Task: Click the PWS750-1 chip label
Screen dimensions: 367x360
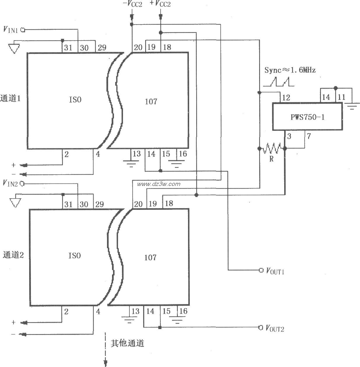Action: [x=308, y=117]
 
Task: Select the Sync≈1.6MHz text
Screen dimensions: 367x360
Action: [x=290, y=70]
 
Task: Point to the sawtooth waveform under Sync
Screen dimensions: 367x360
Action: [x=279, y=82]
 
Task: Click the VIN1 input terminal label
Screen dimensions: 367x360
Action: [x=10, y=29]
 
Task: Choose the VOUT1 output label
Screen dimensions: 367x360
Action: [x=275, y=271]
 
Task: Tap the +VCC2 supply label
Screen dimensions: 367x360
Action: [x=160, y=4]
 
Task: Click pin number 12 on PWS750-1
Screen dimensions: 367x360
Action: [x=286, y=98]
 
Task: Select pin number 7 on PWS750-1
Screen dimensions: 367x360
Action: [x=309, y=136]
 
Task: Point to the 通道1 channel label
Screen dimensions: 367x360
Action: [x=10, y=99]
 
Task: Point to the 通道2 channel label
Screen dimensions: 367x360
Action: [x=13, y=255]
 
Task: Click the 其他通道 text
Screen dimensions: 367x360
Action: [x=127, y=343]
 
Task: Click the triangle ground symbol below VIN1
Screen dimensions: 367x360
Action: [x=14, y=48]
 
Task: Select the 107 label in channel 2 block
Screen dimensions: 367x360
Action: [x=150, y=257]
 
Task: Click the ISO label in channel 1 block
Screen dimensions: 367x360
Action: [x=75, y=100]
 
